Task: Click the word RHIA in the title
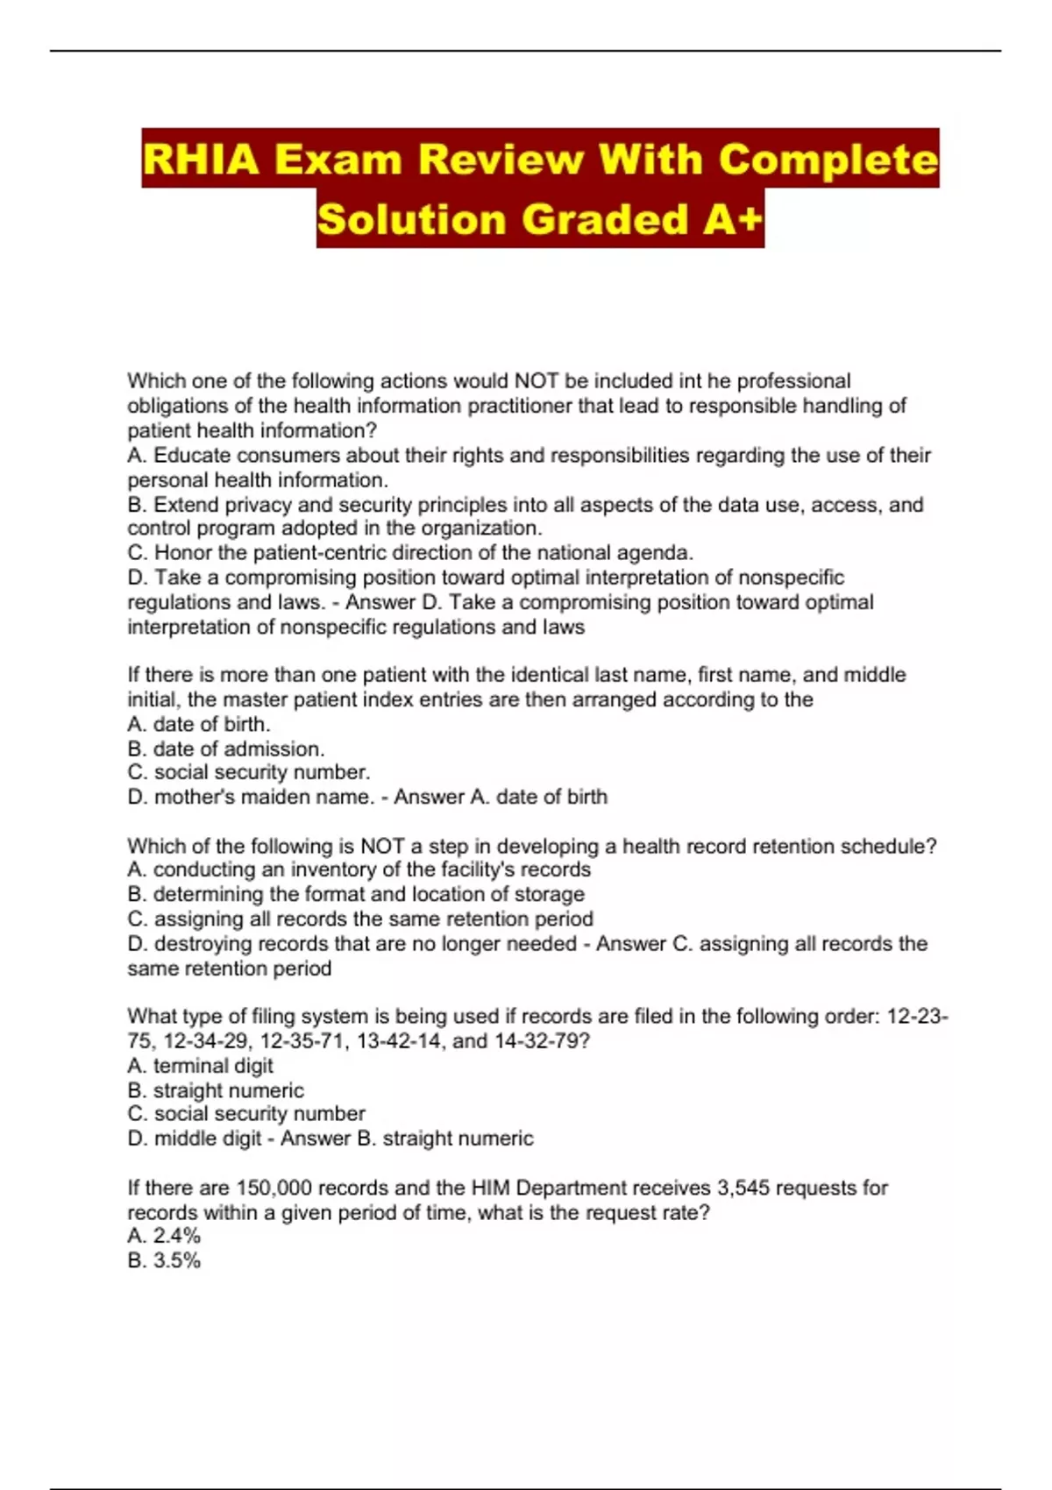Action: (201, 160)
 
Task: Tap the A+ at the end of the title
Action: (733, 219)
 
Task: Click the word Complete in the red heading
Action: (828, 160)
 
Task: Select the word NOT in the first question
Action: (537, 381)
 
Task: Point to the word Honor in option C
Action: (184, 553)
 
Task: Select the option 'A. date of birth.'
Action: (199, 724)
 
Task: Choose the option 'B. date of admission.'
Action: (226, 749)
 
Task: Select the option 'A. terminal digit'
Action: (201, 1066)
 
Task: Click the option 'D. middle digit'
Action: (195, 1139)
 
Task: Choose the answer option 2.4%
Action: (176, 1236)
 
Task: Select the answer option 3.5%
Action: (176, 1260)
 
